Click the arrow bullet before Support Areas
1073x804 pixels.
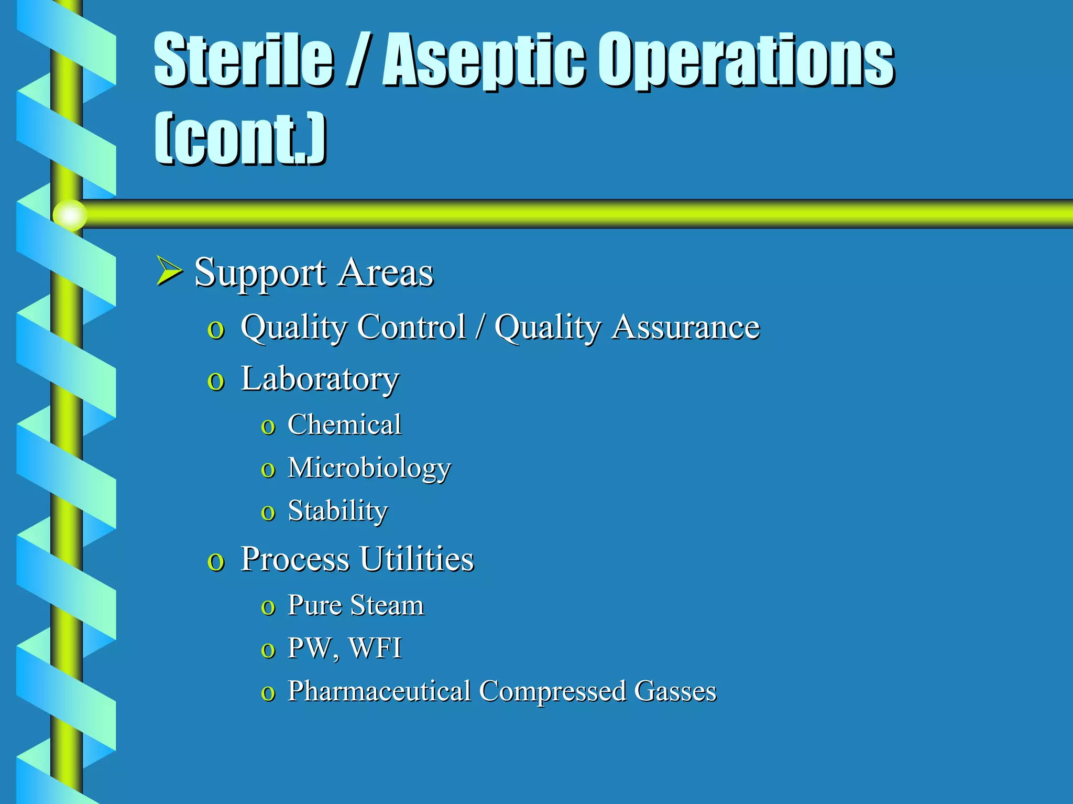coord(169,271)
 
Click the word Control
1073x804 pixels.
coord(412,327)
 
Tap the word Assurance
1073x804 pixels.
coord(686,327)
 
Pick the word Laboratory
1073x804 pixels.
coord(320,379)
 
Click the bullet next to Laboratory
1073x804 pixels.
coord(216,381)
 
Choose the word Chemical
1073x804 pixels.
coord(344,425)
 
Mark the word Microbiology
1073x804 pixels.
coord(369,468)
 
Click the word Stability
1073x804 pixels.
coord(338,511)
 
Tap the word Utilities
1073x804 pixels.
coord(417,559)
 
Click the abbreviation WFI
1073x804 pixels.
coord(375,648)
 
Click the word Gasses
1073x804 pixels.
coord(675,691)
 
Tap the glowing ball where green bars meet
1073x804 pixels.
coord(69,215)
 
